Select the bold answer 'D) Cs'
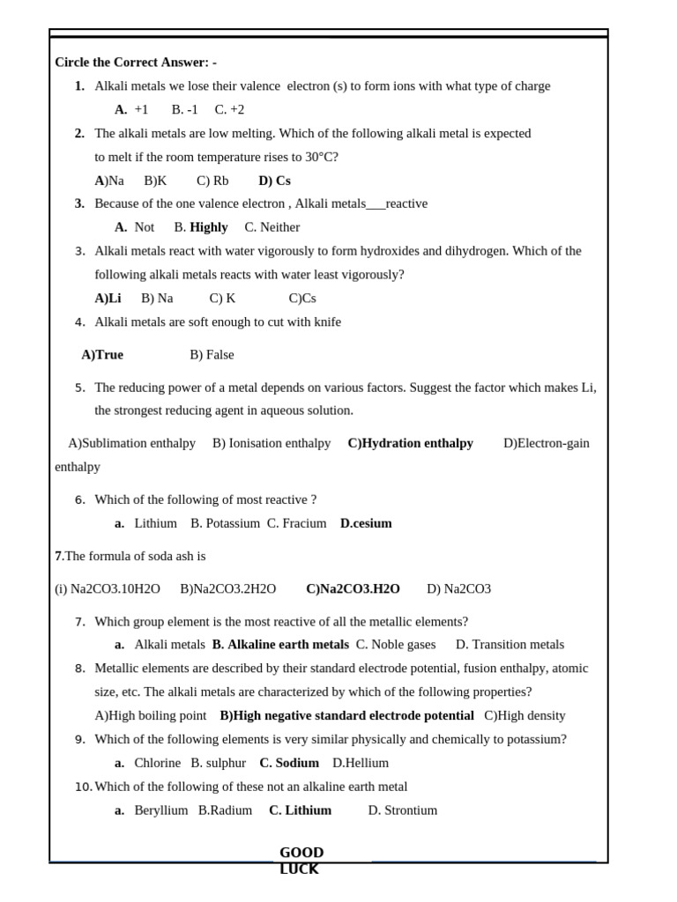tap(274, 181)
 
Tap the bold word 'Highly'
tap(209, 227)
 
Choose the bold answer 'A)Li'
tap(108, 299)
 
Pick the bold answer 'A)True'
tap(102, 355)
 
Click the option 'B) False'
tap(212, 355)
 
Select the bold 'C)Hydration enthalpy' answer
tap(410, 443)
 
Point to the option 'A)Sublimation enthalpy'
tap(131, 443)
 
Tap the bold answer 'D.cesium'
tap(366, 523)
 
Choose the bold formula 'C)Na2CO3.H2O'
tap(353, 589)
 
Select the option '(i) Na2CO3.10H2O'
tap(108, 589)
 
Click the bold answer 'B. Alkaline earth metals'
tap(280, 645)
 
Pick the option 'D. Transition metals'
tap(510, 645)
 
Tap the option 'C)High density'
tap(524, 716)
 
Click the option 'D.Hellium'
tap(361, 763)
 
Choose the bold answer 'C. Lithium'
tap(300, 810)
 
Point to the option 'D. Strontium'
tap(402, 810)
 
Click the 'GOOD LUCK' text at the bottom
tap(301, 861)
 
